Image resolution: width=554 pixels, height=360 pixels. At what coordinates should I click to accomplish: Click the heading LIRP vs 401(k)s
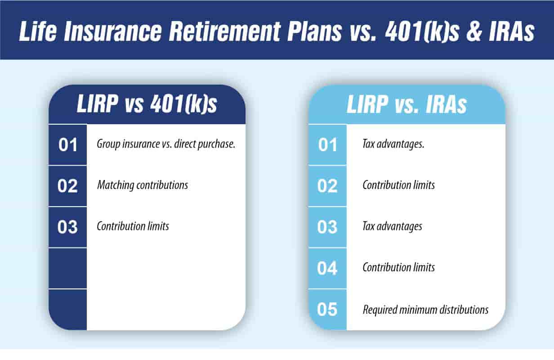click(x=147, y=105)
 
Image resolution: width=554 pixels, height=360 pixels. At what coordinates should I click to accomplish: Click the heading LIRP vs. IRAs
click(x=407, y=105)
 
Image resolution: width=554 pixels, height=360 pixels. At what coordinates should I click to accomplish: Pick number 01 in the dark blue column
click(x=67, y=145)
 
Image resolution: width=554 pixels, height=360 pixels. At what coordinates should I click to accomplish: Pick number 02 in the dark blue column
click(x=67, y=186)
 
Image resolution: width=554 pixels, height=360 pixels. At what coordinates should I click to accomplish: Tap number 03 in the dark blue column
click(x=67, y=227)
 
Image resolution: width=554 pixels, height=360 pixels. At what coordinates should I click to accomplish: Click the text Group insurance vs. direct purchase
click(x=166, y=145)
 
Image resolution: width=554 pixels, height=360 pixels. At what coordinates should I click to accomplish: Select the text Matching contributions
click(x=142, y=185)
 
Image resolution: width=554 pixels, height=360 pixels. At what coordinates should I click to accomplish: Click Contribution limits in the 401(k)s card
click(x=133, y=226)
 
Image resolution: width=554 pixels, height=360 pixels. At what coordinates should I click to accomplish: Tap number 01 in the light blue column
click(x=327, y=145)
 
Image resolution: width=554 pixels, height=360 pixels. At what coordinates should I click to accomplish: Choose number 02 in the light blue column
click(x=327, y=186)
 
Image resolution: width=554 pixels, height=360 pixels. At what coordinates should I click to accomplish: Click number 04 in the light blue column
click(x=327, y=269)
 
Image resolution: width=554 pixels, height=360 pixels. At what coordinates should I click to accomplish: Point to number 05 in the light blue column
click(x=327, y=310)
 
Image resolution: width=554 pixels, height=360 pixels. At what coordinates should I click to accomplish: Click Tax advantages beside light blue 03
click(x=392, y=226)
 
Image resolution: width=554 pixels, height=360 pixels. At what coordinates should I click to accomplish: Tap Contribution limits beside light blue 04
click(x=398, y=267)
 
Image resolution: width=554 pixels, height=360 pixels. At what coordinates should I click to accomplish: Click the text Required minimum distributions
click(x=425, y=310)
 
